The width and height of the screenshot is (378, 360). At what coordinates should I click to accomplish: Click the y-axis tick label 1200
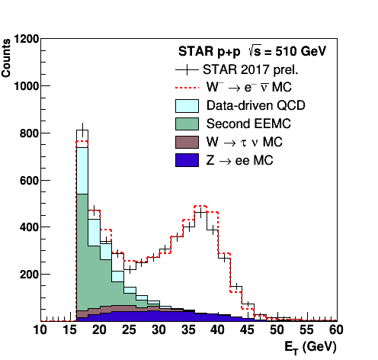(x=27, y=39)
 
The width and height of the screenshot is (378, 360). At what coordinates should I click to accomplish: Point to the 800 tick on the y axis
(x=43, y=133)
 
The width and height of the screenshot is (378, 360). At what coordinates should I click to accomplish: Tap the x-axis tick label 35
(x=188, y=329)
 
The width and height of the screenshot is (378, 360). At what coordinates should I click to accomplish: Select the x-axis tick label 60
(x=336, y=329)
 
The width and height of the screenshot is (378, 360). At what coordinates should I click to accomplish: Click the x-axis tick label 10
(x=40, y=329)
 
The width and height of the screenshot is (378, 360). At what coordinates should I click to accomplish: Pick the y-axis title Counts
(x=6, y=58)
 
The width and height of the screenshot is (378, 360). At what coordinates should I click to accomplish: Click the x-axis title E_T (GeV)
(x=310, y=348)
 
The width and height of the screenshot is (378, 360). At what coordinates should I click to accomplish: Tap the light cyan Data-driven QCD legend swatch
(x=187, y=106)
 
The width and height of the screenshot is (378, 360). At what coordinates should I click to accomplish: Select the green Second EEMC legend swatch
(x=187, y=124)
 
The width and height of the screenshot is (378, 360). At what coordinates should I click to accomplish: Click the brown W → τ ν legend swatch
(x=187, y=142)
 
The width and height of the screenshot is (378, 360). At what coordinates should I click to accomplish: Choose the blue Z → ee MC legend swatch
(x=187, y=160)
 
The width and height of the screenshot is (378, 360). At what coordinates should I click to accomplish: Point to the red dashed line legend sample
(x=187, y=88)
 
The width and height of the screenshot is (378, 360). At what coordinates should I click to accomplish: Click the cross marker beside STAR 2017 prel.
(x=187, y=69)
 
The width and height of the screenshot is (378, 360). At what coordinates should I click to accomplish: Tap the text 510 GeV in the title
(x=301, y=52)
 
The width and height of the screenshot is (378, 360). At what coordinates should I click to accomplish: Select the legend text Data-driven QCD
(x=256, y=105)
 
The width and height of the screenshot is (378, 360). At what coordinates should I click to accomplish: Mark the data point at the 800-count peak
(x=82, y=130)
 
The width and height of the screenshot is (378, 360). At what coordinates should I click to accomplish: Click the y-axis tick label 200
(x=30, y=275)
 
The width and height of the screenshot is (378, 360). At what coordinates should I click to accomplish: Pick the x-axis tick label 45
(x=248, y=329)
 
